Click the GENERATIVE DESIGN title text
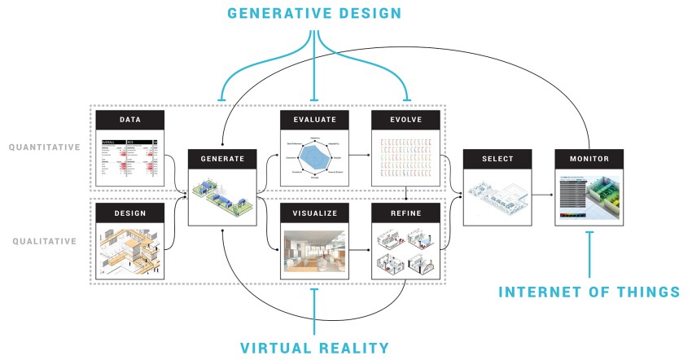314,15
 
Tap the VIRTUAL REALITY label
314,348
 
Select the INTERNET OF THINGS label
589,291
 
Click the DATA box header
129,119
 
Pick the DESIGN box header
129,213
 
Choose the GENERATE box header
222,159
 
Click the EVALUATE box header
314,119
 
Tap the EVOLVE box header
405,119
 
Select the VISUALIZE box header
314,213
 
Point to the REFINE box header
405,213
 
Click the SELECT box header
497,159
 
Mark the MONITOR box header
589,159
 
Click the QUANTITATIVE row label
45,147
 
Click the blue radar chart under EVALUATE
313,153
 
